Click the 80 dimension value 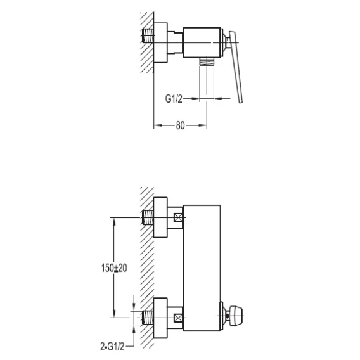[x=180, y=125]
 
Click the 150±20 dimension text [x=114, y=268]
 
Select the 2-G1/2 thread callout [x=112, y=346]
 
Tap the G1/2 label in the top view [x=174, y=99]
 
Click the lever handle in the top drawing [x=236, y=67]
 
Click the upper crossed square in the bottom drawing [x=178, y=217]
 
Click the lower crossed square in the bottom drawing [x=178, y=318]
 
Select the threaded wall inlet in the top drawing [x=148, y=35]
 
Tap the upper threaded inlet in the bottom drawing [x=148, y=217]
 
